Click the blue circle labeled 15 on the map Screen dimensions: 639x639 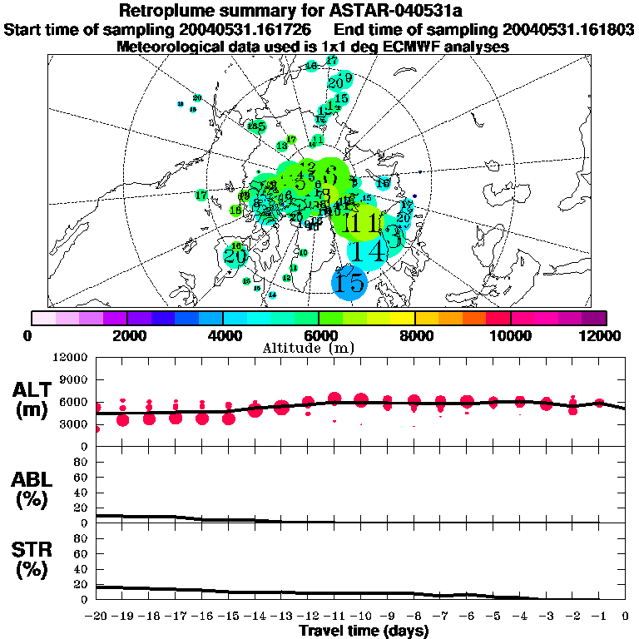349,282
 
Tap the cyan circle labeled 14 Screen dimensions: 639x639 367,250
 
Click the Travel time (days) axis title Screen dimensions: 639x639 364,632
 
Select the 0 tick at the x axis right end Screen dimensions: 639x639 626,617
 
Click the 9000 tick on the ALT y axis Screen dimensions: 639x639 74,379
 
